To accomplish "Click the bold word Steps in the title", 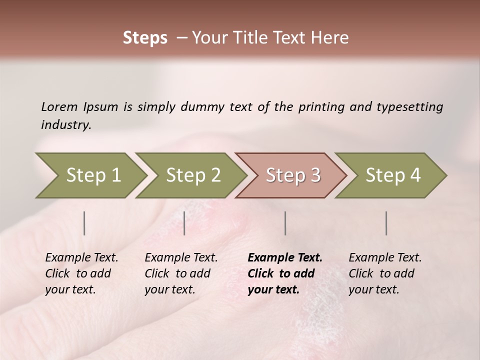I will tap(145, 38).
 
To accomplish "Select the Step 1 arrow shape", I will tap(90, 175).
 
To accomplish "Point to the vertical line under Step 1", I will tap(84, 223).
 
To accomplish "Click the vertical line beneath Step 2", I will tap(184, 223).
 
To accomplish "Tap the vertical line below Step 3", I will tap(285, 223).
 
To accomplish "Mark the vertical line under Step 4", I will tap(386, 223).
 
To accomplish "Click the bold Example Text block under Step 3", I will tap(285, 273).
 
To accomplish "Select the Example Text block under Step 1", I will tap(81, 273).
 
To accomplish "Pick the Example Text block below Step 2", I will tap(181, 273).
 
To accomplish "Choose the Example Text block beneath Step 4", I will tap(385, 273).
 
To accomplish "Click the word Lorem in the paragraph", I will tap(59, 106).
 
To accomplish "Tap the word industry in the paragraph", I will tap(66, 125).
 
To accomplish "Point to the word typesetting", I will tap(409, 106).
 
